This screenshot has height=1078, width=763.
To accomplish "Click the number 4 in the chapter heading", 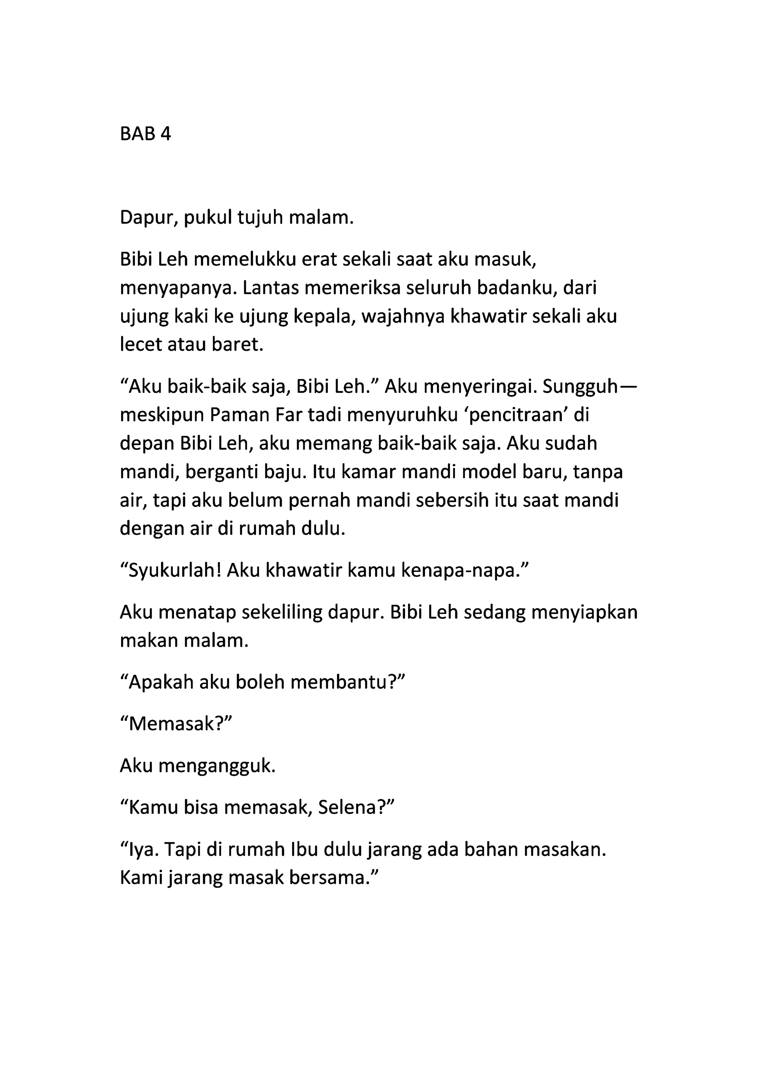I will pos(165,134).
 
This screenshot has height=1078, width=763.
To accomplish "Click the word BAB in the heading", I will pos(137,134).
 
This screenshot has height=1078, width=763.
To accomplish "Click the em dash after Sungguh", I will pos(627,387).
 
